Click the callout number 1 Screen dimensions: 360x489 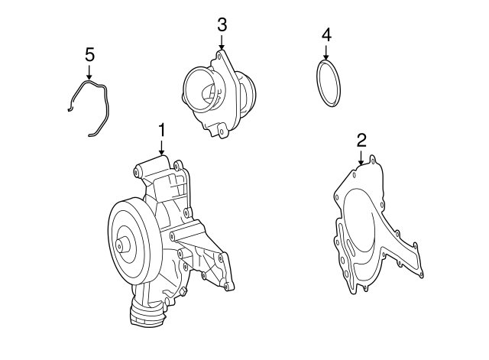click(161, 130)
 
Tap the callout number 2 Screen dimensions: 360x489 click(361, 139)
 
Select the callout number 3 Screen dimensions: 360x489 click(222, 24)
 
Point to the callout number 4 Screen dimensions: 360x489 click(326, 35)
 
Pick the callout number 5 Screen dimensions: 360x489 click(89, 54)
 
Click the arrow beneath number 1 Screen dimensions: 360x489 click(161, 148)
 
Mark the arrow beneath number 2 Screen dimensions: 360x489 click(361, 158)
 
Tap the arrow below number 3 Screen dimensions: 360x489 click(222, 44)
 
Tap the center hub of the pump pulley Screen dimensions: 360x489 click(122, 246)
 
